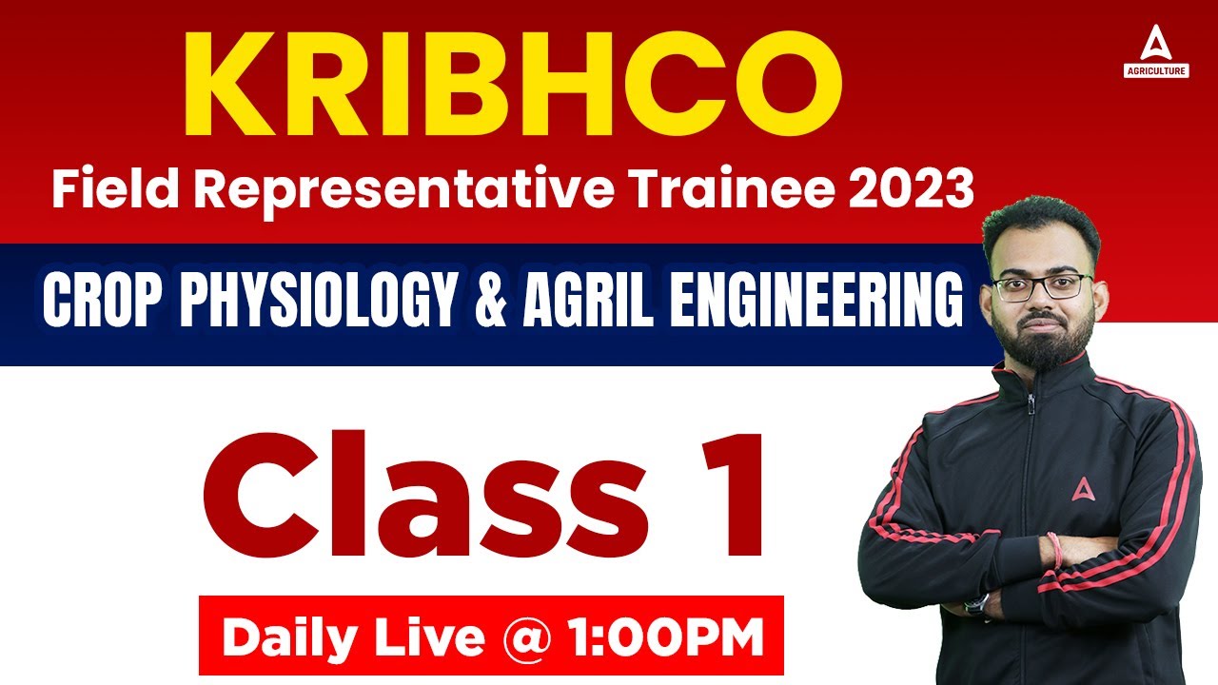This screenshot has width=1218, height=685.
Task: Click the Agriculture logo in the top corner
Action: pos(1154,52)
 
